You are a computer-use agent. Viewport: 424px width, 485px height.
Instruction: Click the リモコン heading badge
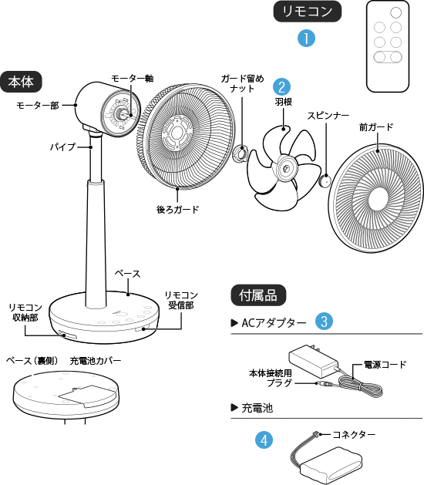307,12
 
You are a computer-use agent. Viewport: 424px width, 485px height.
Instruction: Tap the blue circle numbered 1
306,39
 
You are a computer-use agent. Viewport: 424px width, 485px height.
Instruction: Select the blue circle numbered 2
281,86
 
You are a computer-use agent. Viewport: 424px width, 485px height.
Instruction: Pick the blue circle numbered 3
324,321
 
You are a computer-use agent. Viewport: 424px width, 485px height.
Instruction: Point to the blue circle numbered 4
264,440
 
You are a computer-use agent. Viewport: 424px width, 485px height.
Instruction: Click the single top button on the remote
395,12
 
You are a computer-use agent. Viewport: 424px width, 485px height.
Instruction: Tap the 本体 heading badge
21,82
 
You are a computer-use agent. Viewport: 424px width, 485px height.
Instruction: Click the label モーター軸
132,79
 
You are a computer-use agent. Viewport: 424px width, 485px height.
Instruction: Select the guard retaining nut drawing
241,153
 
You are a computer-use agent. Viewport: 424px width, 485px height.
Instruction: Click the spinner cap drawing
325,180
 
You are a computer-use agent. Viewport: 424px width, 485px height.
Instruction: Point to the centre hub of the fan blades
285,168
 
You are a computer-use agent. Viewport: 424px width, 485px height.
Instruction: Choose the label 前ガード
376,127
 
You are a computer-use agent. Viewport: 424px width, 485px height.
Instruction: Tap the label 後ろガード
177,210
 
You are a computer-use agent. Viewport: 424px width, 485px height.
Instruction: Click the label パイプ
62,147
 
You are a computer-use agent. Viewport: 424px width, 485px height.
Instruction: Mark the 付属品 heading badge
258,295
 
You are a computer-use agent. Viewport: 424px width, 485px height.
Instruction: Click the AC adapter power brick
314,361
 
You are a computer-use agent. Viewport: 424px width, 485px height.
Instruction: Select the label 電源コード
385,365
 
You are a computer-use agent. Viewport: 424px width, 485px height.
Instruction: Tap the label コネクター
354,435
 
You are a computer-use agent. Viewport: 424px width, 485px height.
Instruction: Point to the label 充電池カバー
96,361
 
